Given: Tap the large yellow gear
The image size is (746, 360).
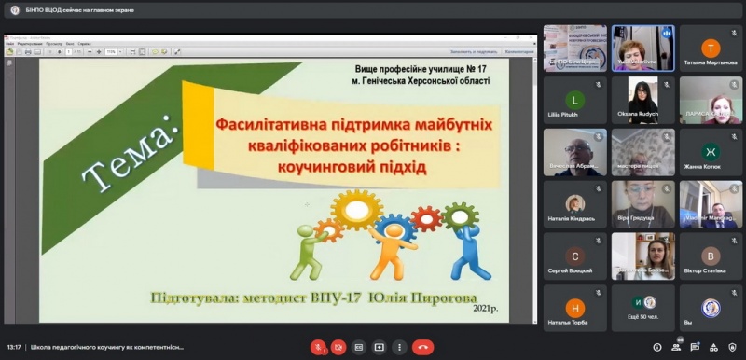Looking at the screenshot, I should (x=357, y=207).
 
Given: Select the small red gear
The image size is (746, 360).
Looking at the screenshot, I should (x=425, y=219).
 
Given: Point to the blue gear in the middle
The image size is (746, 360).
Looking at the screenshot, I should (x=395, y=228).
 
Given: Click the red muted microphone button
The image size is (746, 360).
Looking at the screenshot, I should (x=318, y=346).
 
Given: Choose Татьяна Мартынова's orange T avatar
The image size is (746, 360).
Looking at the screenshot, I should (x=711, y=48).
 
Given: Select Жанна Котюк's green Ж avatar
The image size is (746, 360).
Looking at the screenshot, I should (x=711, y=151).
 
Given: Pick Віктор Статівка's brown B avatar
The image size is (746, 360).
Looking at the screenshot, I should (x=711, y=255).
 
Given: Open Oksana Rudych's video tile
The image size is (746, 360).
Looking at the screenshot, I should (x=643, y=100).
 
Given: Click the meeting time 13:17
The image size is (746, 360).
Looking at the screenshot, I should (x=14, y=347).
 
